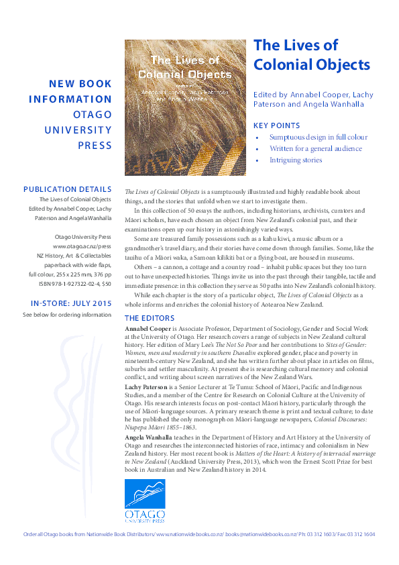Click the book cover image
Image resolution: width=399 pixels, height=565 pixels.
tap(185, 107)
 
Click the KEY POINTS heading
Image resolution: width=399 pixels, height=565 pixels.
tap(276, 125)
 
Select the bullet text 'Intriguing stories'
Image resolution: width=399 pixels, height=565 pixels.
tap(296, 160)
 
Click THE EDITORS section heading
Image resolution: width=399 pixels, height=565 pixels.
tap(150, 318)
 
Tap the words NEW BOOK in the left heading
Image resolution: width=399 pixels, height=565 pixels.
tap(80, 85)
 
